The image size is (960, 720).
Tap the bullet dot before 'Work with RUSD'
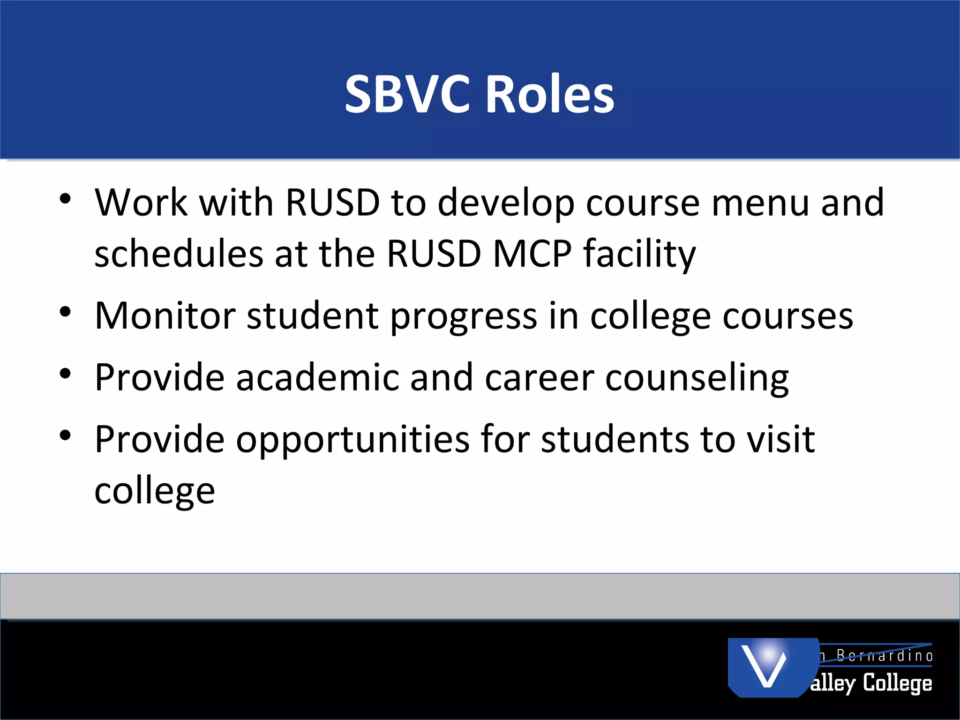65,199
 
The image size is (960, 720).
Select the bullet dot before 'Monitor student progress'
65,312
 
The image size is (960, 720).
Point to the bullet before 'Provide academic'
65,374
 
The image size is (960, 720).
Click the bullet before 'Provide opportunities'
65,435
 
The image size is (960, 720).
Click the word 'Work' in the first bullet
141,202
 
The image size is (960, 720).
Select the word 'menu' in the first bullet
760,202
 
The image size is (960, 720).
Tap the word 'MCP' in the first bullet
532,254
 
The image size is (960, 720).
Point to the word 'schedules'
179,254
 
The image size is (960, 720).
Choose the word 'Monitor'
165,315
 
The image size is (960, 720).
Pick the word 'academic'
317,377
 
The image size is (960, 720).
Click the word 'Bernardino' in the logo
884,656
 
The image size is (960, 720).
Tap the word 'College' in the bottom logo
897,683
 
